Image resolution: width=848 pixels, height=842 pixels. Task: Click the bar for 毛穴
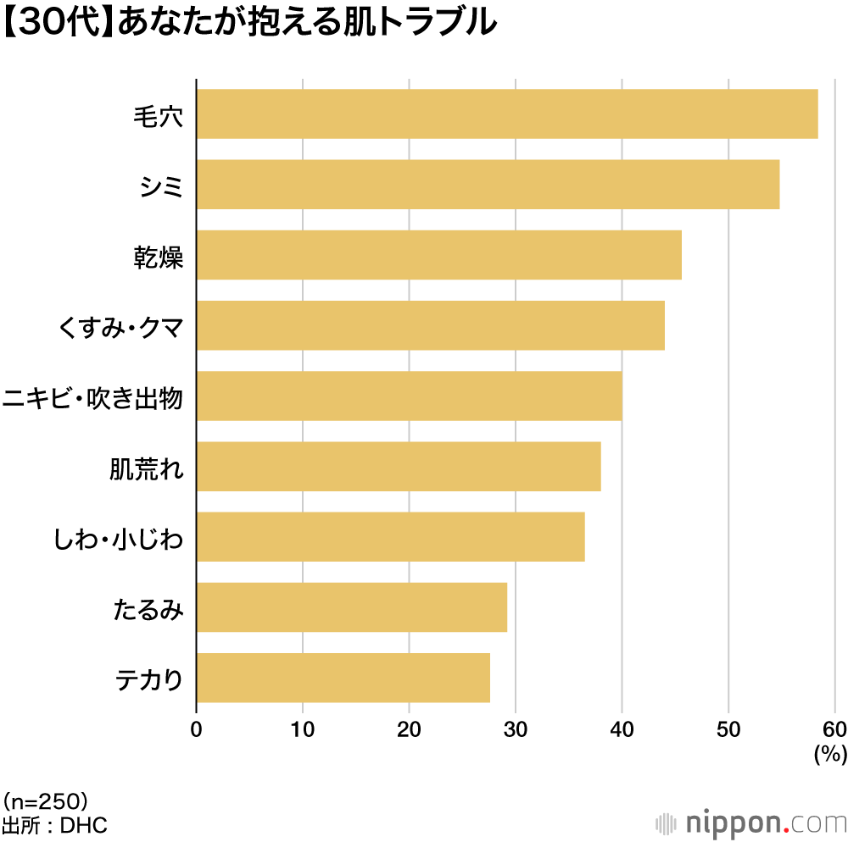point(507,114)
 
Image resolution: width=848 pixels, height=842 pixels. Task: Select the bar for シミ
point(488,184)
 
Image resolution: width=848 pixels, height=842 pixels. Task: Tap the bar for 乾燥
point(438,255)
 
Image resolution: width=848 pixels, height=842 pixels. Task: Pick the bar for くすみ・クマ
point(430,325)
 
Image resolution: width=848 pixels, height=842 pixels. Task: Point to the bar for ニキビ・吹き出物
point(409,396)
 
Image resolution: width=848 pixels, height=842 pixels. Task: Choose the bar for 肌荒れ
point(399,467)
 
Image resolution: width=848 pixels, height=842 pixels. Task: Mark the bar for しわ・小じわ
point(390,537)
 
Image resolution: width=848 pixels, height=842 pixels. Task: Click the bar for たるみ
point(351,607)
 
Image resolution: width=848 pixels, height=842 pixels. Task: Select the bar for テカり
point(343,678)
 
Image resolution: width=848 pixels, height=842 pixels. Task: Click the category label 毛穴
point(159,114)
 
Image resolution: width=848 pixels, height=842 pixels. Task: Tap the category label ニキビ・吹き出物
point(92,396)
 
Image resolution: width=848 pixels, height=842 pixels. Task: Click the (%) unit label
point(829,755)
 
